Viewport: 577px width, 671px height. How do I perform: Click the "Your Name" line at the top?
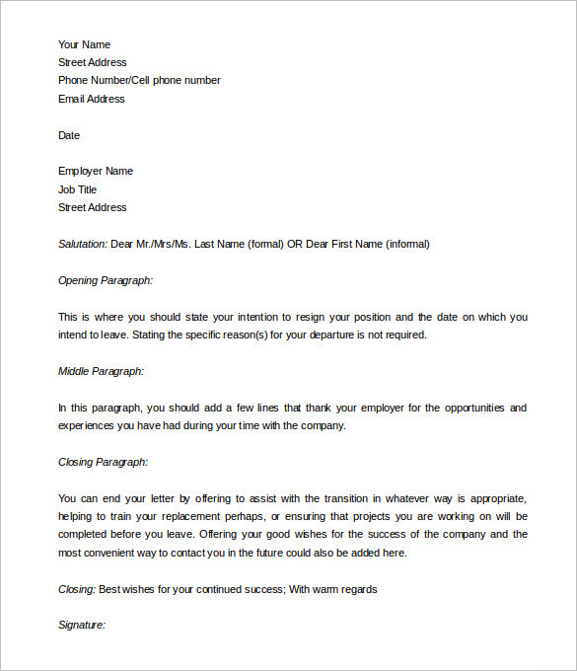pos(84,44)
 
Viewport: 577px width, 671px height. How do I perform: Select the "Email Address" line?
pos(92,99)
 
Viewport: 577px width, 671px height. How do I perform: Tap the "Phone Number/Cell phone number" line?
pos(139,81)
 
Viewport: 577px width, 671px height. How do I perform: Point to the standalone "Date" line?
pos(69,135)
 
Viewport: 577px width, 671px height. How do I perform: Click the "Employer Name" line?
pos(96,172)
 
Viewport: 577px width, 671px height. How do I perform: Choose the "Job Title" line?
pos(78,189)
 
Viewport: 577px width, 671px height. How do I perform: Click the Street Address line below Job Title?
pos(93,207)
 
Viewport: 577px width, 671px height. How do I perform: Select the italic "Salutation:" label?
pos(83,244)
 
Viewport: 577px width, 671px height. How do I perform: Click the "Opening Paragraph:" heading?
pos(106,280)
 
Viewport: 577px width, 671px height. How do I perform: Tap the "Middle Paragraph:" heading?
pos(102,371)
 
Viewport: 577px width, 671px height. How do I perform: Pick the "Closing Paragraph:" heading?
pos(104,462)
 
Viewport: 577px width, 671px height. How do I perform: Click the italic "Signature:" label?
pos(82,626)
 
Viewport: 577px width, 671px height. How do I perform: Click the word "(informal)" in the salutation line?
pos(406,244)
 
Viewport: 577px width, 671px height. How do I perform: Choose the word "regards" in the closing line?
pos(358,589)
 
